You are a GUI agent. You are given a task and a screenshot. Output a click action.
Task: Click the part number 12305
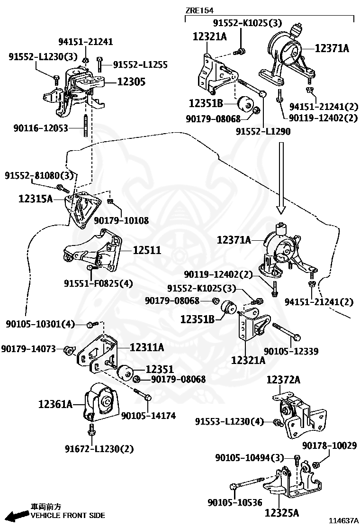131,82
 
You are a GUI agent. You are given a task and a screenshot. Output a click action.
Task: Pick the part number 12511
147,250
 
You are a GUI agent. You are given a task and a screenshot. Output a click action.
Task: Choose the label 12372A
283,380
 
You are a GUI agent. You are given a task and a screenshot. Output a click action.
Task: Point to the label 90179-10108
121,220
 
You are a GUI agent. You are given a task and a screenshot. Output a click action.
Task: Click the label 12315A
36,198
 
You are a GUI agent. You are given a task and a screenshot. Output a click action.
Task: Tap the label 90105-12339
291,351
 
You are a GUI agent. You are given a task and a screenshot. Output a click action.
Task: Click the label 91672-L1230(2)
99,448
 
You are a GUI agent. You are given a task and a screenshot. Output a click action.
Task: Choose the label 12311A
147,347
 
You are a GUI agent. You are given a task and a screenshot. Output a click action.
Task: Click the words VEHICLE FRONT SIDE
68,515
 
